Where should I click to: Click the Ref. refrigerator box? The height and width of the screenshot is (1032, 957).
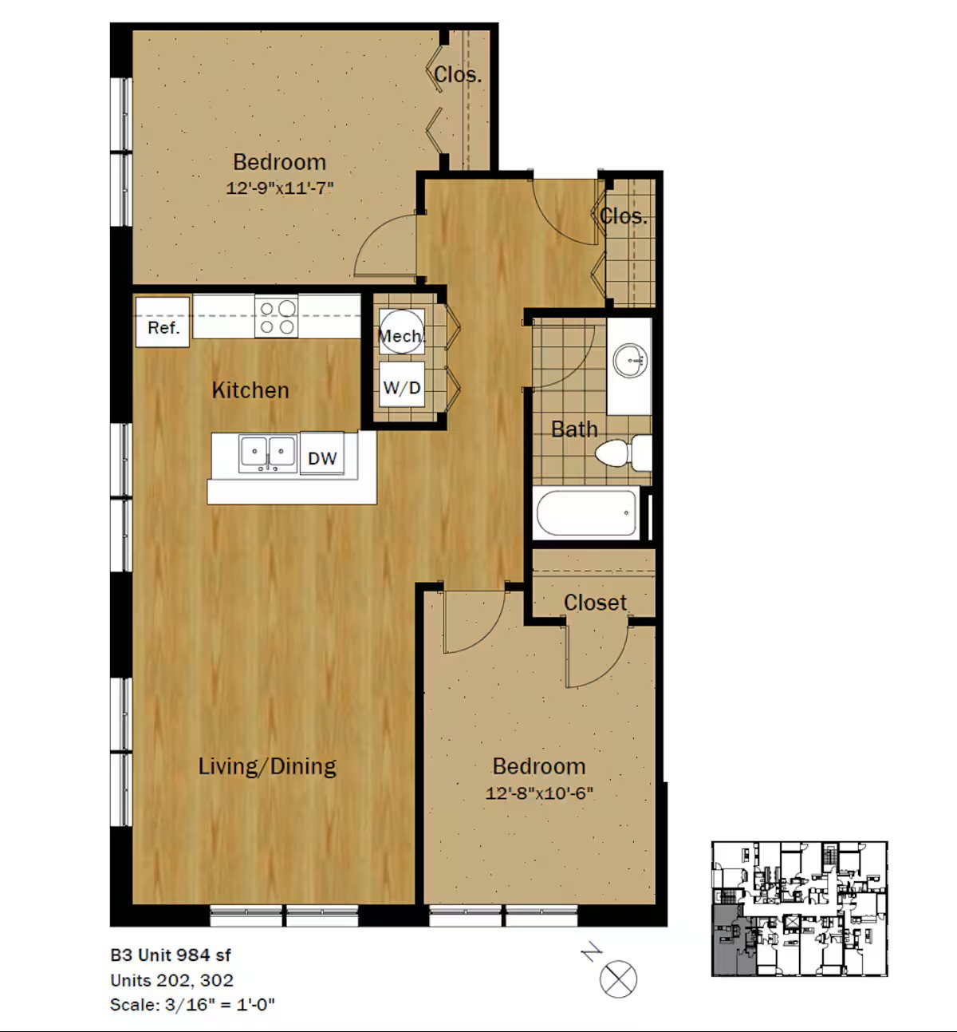pos(163,322)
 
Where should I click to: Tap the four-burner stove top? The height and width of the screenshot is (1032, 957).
pos(276,316)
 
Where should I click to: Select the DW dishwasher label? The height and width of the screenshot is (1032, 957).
pos(322,458)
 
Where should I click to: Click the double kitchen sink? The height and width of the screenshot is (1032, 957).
pos(267,453)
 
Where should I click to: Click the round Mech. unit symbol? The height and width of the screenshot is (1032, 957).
pos(401,332)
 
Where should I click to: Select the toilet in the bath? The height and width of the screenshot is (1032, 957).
pos(623,453)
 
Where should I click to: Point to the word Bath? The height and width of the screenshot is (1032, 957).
pos(573,429)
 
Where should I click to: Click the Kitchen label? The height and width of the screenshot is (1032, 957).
pos(250,390)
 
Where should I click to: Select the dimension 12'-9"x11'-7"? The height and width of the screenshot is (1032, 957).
pos(279,188)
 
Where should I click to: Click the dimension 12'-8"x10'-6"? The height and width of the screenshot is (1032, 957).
pos(539,793)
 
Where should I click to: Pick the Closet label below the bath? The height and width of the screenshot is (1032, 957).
pos(595,603)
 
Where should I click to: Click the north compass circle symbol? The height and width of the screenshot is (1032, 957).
pos(618,979)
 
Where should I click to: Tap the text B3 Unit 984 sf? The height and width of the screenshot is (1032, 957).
pos(171,955)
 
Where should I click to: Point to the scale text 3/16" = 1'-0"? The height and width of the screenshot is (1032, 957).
pos(219,1004)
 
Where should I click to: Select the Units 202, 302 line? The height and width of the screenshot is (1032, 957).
pos(172,980)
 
